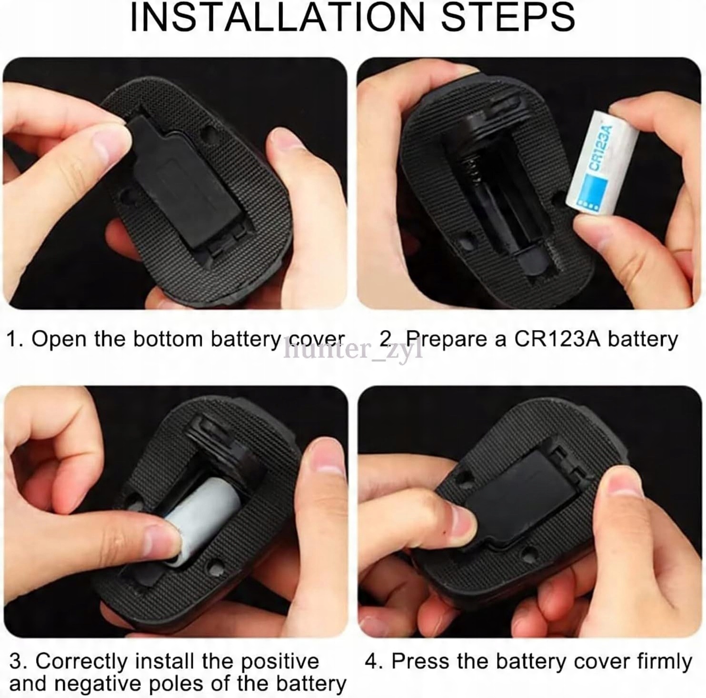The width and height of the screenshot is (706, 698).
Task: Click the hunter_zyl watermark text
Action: click(353, 350)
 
